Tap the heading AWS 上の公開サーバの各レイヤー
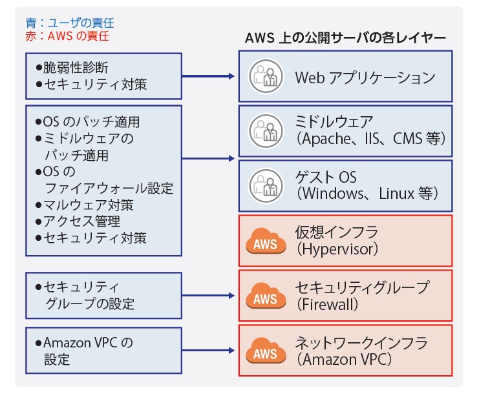pyautogui.click(x=345, y=37)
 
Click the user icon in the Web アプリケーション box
pyautogui.click(x=265, y=78)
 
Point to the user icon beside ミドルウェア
pyautogui.click(x=265, y=130)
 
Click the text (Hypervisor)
pyautogui.click(x=336, y=249)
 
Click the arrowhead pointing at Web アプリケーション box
pyautogui.click(x=233, y=77)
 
